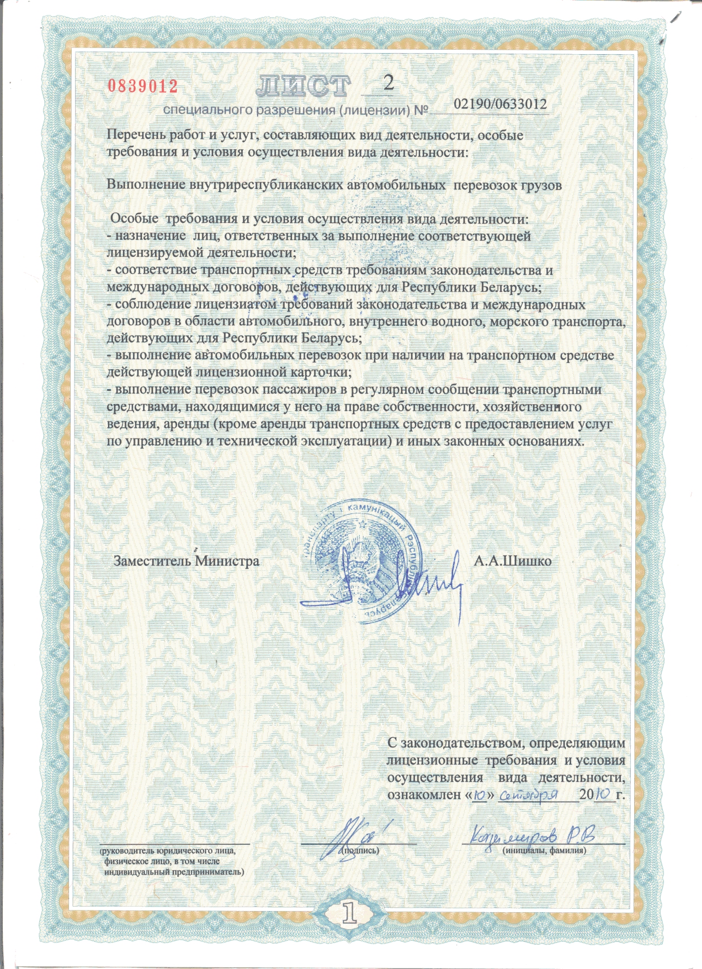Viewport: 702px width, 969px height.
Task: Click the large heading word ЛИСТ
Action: [x=304, y=86]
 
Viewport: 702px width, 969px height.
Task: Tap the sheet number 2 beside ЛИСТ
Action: [x=389, y=83]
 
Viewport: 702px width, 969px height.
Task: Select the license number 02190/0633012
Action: [x=500, y=104]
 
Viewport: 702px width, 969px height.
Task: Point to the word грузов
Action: [x=541, y=185]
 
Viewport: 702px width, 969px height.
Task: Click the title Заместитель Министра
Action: [x=186, y=561]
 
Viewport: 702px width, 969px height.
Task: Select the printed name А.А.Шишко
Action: [x=513, y=561]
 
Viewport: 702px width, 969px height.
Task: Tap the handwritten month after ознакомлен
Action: [x=527, y=795]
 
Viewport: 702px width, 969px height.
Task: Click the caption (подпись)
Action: [x=360, y=850]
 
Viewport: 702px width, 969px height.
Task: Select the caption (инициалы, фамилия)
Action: [x=544, y=850]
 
